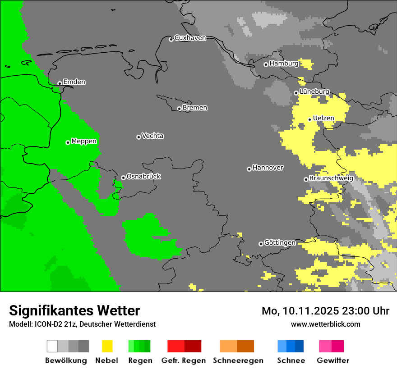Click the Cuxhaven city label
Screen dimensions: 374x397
(190, 38)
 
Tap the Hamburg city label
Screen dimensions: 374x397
(284, 64)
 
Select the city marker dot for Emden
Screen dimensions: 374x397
(60, 83)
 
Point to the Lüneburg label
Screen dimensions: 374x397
(314, 91)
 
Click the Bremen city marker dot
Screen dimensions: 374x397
(179, 109)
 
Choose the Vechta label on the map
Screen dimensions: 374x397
(152, 136)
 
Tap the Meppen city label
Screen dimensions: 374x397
(84, 141)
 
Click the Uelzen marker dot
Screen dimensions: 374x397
(310, 119)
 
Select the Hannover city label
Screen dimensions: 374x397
(268, 168)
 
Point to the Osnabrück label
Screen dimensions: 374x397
(143, 176)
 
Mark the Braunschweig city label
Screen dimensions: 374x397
(331, 178)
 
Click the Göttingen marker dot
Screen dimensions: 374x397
(261, 244)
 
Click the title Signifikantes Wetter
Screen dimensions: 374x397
(74, 310)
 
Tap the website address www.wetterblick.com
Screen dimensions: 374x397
(326, 324)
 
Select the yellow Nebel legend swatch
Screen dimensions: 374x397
(107, 346)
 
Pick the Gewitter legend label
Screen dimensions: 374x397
(333, 360)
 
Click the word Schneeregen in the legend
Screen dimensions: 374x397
(238, 360)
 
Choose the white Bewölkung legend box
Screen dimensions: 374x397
(52, 346)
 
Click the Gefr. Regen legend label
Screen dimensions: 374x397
(184, 360)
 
